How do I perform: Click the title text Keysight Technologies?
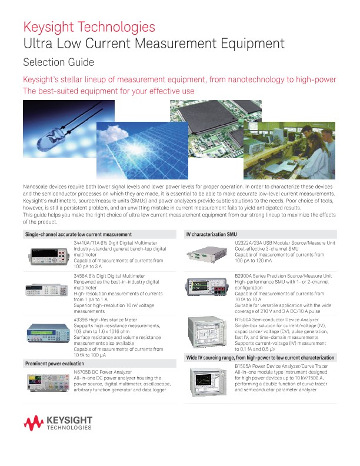tap(89, 27)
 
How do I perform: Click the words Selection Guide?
tap(58, 62)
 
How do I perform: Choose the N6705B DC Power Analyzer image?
tap(46, 383)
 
